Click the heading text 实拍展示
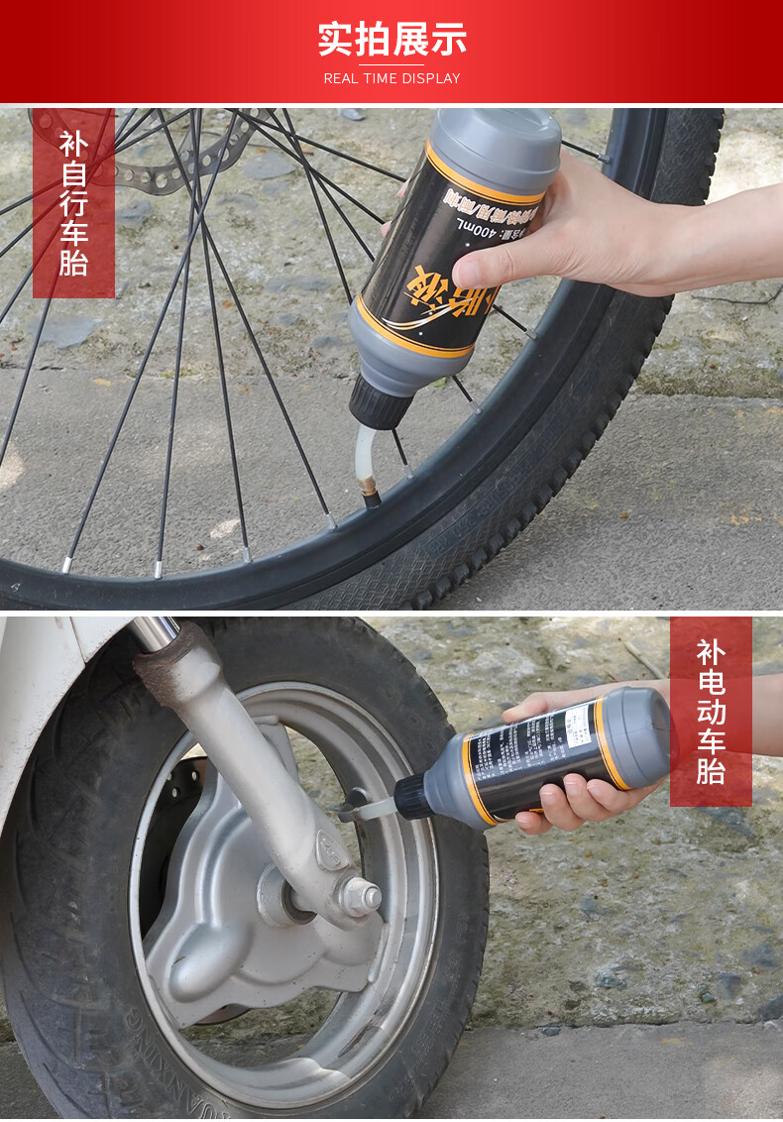click(391, 39)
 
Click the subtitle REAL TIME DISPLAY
click(391, 78)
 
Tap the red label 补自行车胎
click(73, 203)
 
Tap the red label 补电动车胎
click(711, 712)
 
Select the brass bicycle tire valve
click(371, 491)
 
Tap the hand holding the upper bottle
click(555, 238)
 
